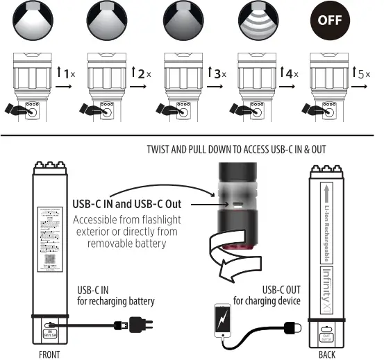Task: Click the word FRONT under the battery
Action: pos(50,354)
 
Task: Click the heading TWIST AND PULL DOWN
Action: pos(236,150)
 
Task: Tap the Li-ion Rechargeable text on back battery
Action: pos(331,222)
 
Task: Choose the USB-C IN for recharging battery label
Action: pos(115,296)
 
